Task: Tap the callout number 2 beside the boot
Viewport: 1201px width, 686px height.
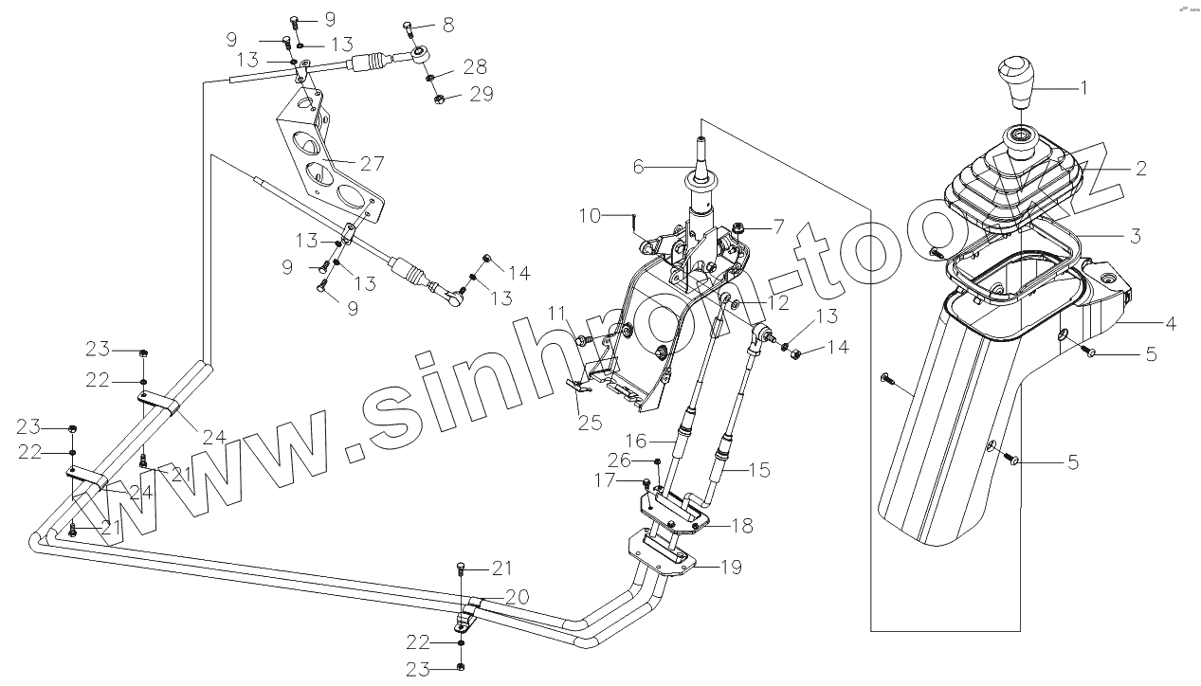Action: [1141, 169]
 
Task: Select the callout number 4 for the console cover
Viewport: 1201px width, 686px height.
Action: [1171, 323]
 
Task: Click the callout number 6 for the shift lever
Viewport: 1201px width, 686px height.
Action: [638, 167]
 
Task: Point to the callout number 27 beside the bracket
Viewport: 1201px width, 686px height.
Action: [372, 163]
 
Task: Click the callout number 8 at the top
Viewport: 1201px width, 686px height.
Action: [448, 23]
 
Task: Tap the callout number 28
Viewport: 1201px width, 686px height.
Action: [475, 66]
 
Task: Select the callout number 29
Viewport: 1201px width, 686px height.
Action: [482, 95]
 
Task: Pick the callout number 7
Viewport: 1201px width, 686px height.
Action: [779, 226]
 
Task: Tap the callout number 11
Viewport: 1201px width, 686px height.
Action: [555, 312]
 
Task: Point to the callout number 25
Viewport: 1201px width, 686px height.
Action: [591, 423]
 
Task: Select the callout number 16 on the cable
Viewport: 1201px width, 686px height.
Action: [634, 441]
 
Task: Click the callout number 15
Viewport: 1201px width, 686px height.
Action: [759, 468]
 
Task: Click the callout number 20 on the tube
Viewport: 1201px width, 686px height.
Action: [517, 597]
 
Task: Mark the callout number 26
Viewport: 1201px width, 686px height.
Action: [619, 460]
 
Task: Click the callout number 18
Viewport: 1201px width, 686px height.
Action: [742, 525]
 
